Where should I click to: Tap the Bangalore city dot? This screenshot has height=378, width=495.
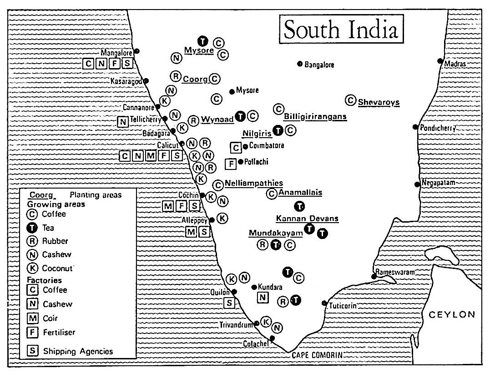pyautogui.click(x=300, y=64)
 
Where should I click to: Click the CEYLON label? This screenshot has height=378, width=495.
pyautogui.click(x=452, y=314)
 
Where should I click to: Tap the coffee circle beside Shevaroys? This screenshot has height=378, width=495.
pyautogui.click(x=350, y=100)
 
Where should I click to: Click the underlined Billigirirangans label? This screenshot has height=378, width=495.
pyautogui.click(x=315, y=117)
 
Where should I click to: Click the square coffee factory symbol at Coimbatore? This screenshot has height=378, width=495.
pyautogui.click(x=235, y=147)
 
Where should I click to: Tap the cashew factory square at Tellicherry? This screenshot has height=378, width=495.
pyautogui.click(x=122, y=121)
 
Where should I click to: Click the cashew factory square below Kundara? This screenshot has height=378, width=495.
pyautogui.click(x=263, y=298)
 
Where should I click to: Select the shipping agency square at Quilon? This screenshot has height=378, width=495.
pyautogui.click(x=230, y=303)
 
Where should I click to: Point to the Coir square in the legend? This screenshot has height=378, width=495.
pyautogui.click(x=33, y=318)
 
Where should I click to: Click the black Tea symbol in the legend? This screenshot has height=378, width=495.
pyautogui.click(x=33, y=228)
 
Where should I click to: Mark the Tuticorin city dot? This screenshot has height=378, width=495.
pyautogui.click(x=324, y=303)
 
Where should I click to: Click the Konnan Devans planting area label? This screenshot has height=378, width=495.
pyautogui.click(x=307, y=219)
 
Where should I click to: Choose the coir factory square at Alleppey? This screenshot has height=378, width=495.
pyautogui.click(x=192, y=231)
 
